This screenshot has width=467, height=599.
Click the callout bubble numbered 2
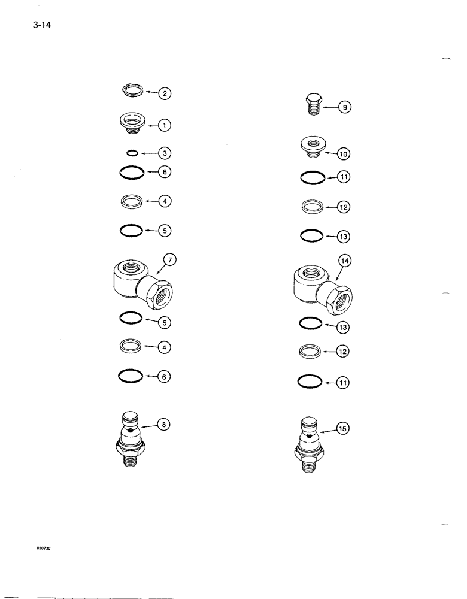point(165,93)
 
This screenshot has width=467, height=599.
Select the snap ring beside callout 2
point(131,91)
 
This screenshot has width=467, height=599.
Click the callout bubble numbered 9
point(346,108)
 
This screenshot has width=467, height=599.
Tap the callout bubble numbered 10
point(344,154)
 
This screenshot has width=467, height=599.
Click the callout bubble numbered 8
point(164,425)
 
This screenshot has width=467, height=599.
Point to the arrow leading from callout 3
point(148,153)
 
